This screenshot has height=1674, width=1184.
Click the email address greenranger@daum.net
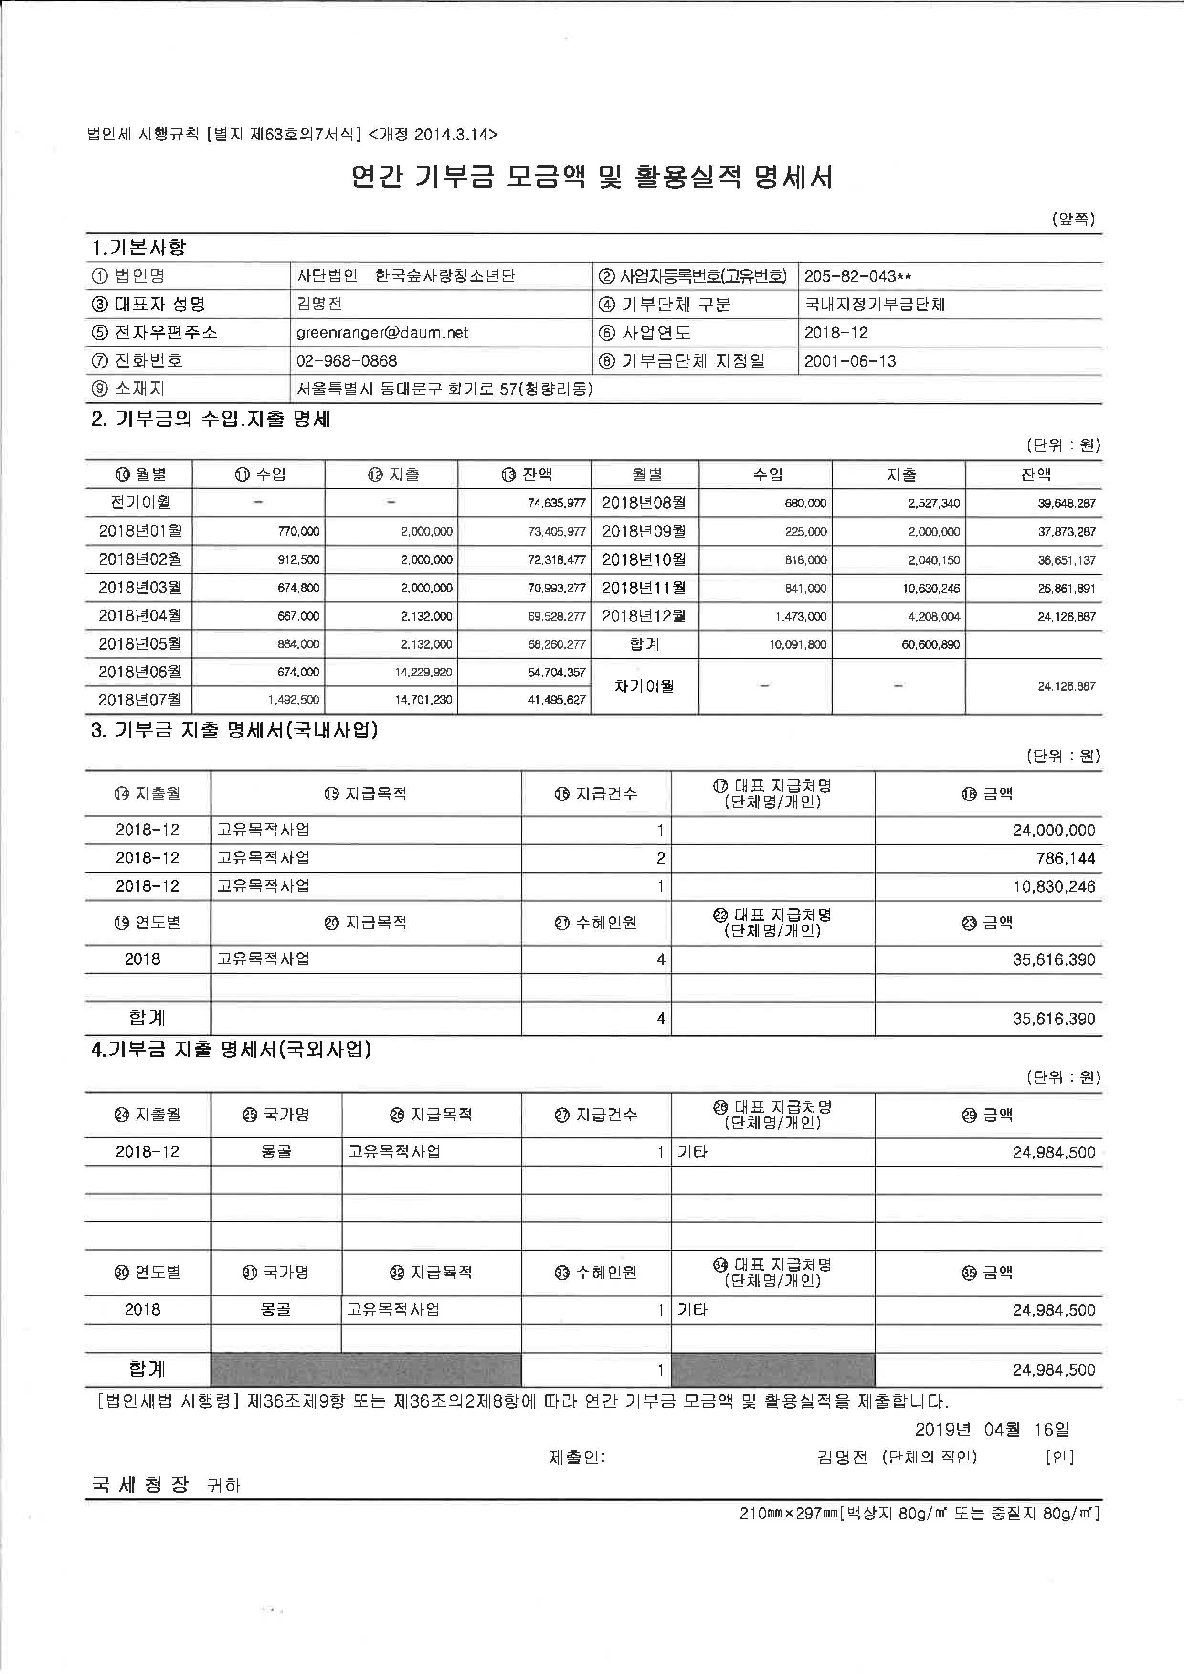click(382, 333)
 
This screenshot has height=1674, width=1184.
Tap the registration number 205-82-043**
click(857, 276)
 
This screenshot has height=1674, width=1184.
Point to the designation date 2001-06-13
click(850, 361)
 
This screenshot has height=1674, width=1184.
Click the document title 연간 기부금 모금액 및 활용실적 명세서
click(592, 177)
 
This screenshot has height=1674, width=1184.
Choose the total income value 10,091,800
click(798, 644)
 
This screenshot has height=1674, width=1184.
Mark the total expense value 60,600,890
click(930, 644)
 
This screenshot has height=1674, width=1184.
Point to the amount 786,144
click(1065, 859)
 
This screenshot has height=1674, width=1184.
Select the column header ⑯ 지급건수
click(596, 794)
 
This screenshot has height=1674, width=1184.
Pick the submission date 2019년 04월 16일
click(992, 1430)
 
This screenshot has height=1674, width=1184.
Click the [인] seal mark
click(1059, 1457)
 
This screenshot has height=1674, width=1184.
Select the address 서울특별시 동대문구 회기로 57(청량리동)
click(444, 390)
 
